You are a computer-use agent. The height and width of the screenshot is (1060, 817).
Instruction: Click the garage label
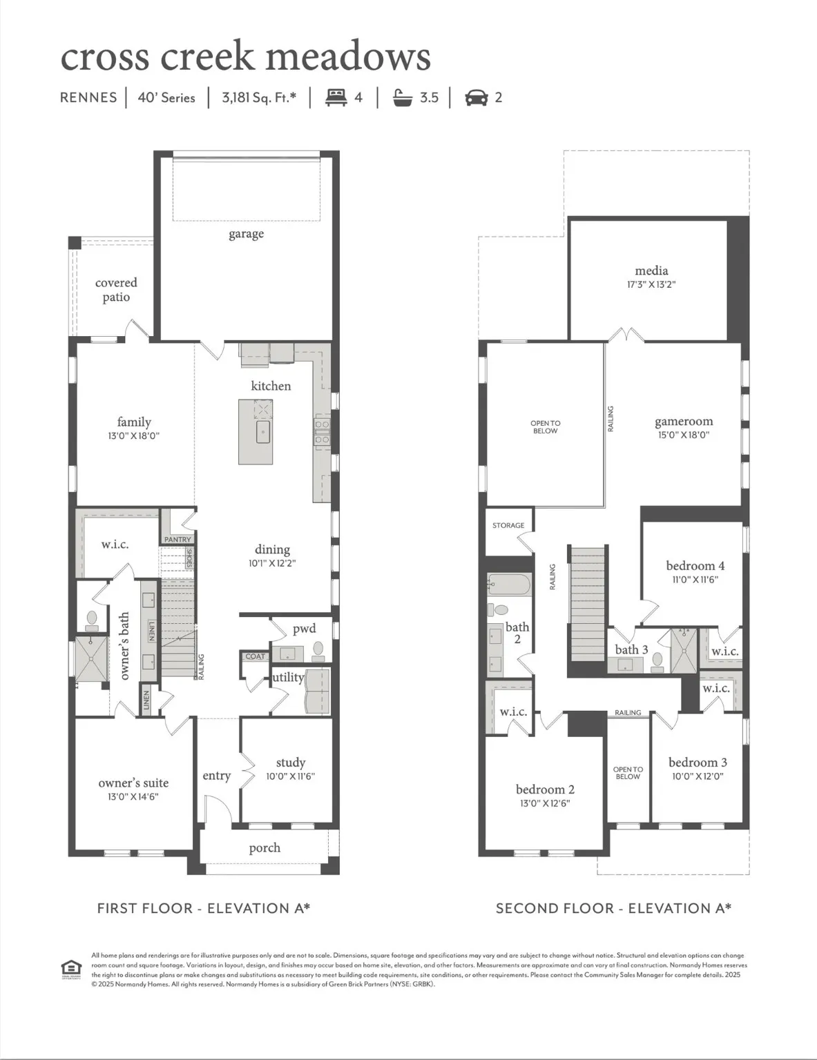(x=246, y=234)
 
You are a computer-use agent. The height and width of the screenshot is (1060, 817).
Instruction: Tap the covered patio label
(x=116, y=290)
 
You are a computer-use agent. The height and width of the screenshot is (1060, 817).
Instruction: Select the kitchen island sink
(x=263, y=433)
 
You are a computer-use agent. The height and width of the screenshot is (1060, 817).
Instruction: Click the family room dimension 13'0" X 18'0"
(x=134, y=436)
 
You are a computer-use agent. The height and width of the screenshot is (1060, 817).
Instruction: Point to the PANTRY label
(x=177, y=540)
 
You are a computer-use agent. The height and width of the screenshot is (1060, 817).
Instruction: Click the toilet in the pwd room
(x=318, y=649)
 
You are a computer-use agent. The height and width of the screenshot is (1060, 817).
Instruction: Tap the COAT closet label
(x=255, y=656)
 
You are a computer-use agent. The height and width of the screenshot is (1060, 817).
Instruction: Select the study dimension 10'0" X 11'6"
(x=290, y=776)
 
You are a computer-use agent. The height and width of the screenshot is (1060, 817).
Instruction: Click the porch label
(x=265, y=848)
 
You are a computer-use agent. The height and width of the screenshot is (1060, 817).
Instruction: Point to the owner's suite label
(x=133, y=783)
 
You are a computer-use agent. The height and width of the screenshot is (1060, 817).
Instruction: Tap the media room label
(x=651, y=271)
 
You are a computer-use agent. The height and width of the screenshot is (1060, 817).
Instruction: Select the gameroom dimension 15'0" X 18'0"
(x=683, y=435)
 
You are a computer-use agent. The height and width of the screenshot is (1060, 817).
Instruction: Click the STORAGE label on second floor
(x=508, y=526)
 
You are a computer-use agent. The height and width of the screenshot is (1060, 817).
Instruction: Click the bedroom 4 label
(x=695, y=566)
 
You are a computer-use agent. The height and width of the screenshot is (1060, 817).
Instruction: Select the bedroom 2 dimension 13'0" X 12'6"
(x=545, y=803)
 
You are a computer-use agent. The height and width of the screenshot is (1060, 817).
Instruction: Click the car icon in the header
(x=476, y=97)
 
